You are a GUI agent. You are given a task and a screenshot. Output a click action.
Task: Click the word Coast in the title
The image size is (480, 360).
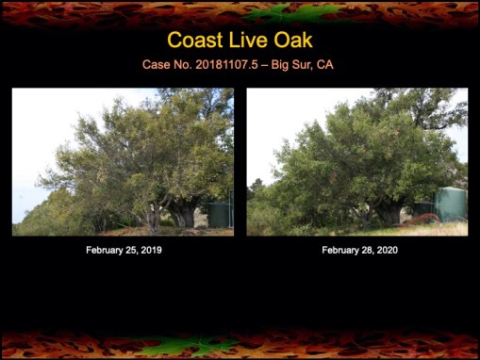194,41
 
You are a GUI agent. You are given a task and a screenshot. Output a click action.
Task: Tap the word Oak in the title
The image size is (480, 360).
290,41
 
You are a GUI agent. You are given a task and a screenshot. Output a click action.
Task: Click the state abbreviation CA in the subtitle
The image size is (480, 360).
324,64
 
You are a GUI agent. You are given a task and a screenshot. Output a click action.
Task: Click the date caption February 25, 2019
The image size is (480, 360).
123,250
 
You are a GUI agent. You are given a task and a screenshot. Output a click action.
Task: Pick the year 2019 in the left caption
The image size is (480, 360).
149,250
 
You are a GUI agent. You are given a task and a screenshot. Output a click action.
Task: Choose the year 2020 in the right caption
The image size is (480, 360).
384,250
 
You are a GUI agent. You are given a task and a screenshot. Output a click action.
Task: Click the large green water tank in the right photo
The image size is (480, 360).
451,205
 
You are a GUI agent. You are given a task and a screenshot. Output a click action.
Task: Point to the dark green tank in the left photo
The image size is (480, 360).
220,213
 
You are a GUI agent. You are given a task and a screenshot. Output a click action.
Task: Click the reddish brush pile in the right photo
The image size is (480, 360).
422,220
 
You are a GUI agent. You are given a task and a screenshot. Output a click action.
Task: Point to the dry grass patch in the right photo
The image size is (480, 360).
443,228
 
